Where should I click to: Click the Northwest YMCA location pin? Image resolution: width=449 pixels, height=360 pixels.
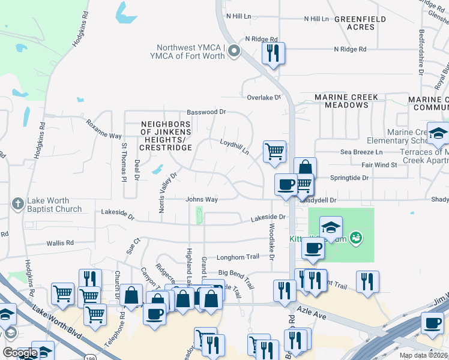234,52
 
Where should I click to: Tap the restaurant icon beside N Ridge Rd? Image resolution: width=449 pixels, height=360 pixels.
273,53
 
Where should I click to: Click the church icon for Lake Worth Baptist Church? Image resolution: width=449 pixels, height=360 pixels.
18,205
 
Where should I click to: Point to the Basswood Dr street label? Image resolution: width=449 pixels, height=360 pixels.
206,112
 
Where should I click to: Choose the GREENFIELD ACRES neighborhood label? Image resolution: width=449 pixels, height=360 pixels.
359,23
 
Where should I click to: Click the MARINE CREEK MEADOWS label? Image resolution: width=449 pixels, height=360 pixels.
346,101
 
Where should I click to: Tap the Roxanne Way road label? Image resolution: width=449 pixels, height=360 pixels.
103,130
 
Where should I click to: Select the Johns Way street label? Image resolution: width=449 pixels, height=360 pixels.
201,199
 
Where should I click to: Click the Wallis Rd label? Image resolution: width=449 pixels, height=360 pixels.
60,243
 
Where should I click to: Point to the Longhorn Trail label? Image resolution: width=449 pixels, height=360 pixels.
238,257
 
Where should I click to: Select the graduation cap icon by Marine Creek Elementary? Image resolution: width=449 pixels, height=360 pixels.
438,133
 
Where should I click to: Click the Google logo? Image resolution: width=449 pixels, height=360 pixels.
20,352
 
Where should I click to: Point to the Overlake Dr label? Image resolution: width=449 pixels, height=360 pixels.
264,97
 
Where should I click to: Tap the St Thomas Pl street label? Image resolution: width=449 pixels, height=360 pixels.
124,161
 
